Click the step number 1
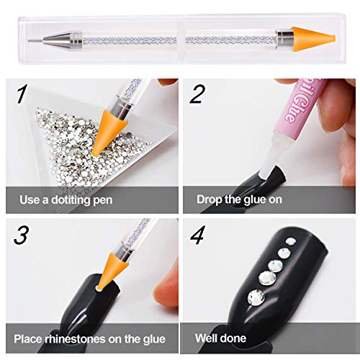tap(21, 94)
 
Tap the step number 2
tap(197, 94)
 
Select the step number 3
tap(21, 235)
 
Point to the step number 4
tap(198, 235)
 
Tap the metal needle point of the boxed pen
tap(35, 41)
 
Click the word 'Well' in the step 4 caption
tap(205, 338)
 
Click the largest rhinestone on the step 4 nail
tap(256, 298)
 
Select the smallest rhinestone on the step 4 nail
tap(291, 241)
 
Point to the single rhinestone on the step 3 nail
tap(98, 288)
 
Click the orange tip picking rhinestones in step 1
tap(108, 132)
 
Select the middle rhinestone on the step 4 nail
tap(275, 266)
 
